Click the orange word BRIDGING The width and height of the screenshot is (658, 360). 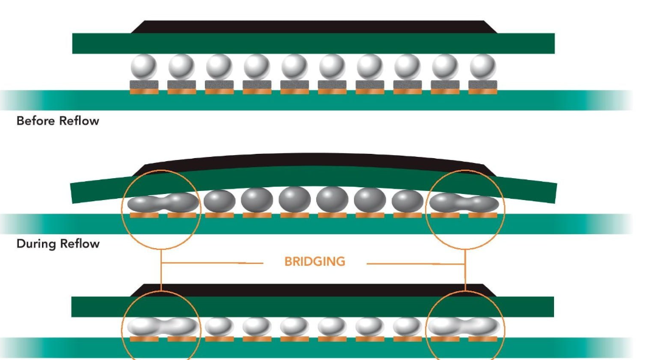(314, 262)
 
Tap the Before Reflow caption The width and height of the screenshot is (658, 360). (57, 120)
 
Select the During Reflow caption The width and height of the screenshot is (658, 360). (57, 244)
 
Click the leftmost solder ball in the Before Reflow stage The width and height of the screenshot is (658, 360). (144, 66)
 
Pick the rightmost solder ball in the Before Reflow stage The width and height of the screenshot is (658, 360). (483, 66)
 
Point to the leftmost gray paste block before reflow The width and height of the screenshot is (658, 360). (144, 85)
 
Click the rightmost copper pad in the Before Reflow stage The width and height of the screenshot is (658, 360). (483, 91)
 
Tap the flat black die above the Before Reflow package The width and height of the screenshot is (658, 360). (313, 27)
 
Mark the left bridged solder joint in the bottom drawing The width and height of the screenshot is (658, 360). (162, 327)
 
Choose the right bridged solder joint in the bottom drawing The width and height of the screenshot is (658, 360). (465, 327)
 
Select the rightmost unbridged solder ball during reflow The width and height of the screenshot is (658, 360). (407, 201)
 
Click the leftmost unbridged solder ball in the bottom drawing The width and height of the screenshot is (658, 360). (219, 327)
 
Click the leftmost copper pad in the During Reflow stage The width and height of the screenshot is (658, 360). (144, 215)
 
